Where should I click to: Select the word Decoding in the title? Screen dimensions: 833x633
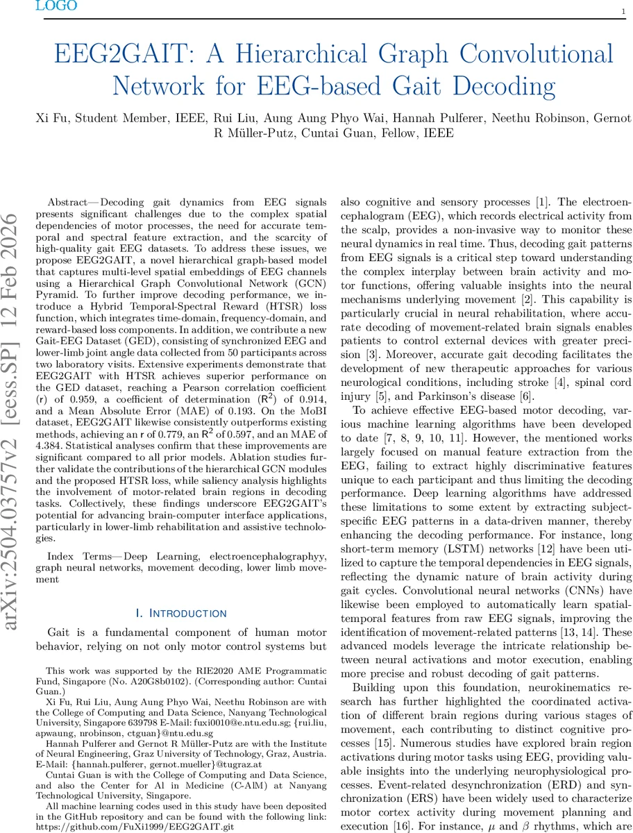point(496,87)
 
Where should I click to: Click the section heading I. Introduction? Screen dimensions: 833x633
point(182,613)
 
